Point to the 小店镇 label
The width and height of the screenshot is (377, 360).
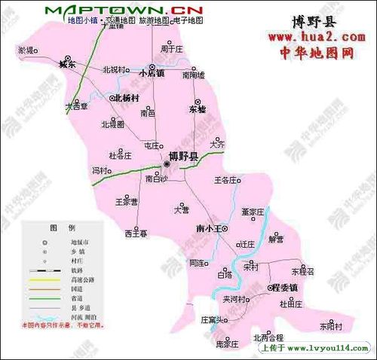pyautogui.click(x=155, y=73)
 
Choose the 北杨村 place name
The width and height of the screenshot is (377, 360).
pyautogui.click(x=126, y=98)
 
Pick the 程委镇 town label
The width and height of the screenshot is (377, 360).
pyautogui.click(x=285, y=288)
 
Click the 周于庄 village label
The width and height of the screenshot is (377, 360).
pyautogui.click(x=172, y=50)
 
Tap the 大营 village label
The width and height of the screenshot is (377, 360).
pyautogui.click(x=181, y=209)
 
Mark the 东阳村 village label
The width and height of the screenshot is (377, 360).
pyautogui.click(x=329, y=327)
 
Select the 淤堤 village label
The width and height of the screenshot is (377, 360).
pyautogui.click(x=26, y=50)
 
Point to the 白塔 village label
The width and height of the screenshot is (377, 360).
pyautogui.click(x=224, y=275)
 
